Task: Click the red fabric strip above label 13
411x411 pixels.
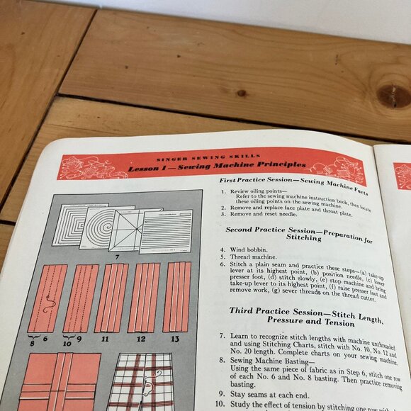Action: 176,297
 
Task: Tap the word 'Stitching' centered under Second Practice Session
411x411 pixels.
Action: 303,239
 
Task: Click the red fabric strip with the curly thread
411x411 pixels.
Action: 47,298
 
